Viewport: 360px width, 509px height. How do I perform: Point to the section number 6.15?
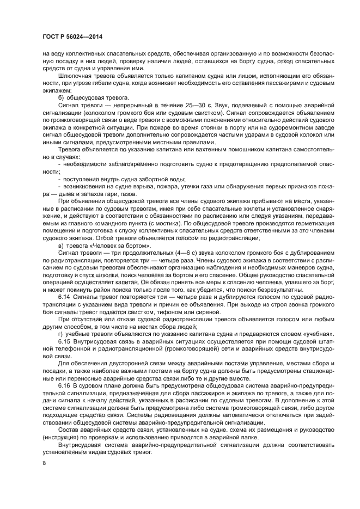coord(64,341)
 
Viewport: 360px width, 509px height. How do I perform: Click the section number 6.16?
coord(64,384)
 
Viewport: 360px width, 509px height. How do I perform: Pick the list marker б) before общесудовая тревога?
coord(61,97)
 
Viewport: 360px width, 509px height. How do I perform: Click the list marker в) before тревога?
coord(61,247)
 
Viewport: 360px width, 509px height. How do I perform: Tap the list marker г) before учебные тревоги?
coord(61,333)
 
